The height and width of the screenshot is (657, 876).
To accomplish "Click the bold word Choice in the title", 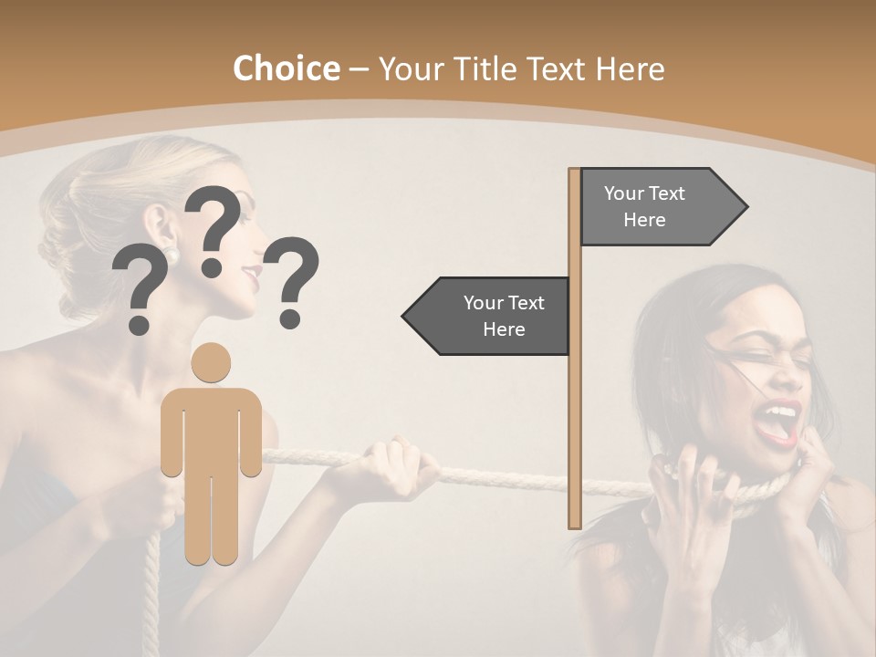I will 286,69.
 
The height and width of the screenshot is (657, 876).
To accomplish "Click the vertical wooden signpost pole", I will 574,401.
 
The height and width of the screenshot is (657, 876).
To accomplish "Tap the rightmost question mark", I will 294,281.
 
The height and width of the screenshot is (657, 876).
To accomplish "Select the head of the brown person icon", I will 211,362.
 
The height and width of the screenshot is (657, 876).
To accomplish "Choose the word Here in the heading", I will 630,69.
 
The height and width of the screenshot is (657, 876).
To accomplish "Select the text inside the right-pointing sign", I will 644,206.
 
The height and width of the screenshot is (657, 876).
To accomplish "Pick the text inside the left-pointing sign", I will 504,316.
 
